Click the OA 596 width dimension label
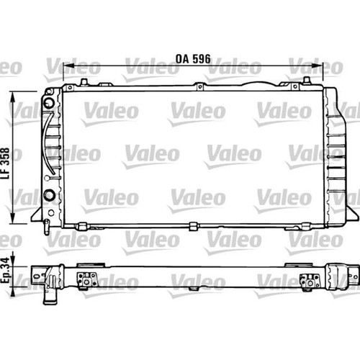193,59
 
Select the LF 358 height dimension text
5,163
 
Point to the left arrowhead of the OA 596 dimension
68,66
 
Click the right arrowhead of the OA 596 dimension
317,66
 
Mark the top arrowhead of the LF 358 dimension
13,98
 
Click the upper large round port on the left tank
49,103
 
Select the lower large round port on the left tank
50,194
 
